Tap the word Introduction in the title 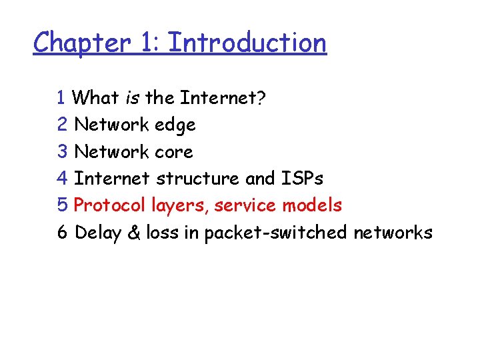pos(247,43)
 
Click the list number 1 pos(61,98)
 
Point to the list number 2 pos(62,125)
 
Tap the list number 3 pos(62,152)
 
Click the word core pos(173,152)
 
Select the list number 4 pos(62,179)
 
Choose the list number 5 pos(62,205)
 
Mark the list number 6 pos(62,233)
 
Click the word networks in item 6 pos(393,233)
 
